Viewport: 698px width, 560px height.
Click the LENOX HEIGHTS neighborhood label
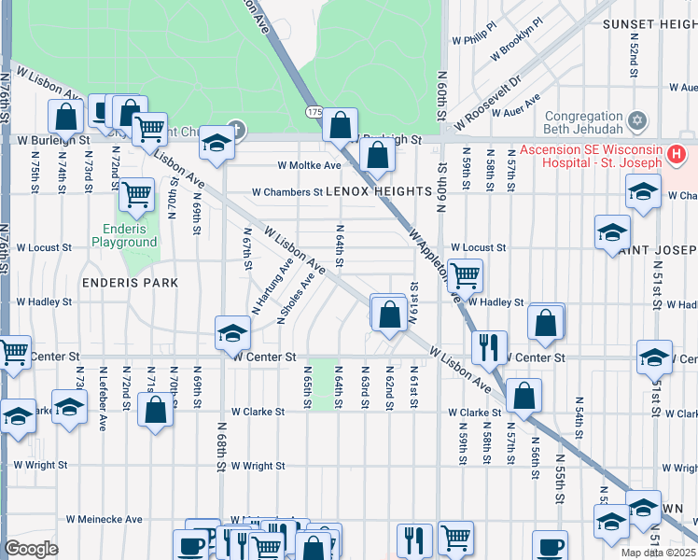pyautogui.click(x=379, y=192)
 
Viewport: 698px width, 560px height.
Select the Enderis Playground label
pyautogui.click(x=123, y=235)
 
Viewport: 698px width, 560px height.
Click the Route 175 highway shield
pyautogui.click(x=314, y=112)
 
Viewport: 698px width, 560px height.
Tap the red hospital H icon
pyautogui.click(x=677, y=151)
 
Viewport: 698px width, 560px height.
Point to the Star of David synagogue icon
pyautogui.click(x=637, y=120)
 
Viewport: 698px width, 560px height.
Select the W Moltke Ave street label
pyautogui.click(x=309, y=165)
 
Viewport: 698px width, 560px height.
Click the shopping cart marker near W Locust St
pyautogui.click(x=464, y=274)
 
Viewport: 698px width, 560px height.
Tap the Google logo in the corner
pyautogui.click(x=31, y=549)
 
